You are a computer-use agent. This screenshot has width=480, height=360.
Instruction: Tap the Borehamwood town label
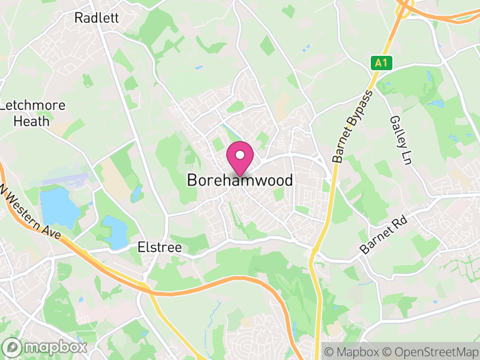[x=240, y=180]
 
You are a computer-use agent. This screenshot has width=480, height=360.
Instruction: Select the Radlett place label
[x=96, y=18]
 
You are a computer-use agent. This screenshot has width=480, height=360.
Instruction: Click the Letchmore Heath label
[x=33, y=113]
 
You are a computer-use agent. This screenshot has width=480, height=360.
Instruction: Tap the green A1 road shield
[x=381, y=62]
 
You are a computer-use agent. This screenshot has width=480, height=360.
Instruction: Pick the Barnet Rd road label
[x=384, y=235]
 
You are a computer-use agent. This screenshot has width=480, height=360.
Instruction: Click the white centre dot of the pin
[x=240, y=155]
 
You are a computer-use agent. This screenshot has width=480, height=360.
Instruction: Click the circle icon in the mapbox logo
[x=13, y=347]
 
